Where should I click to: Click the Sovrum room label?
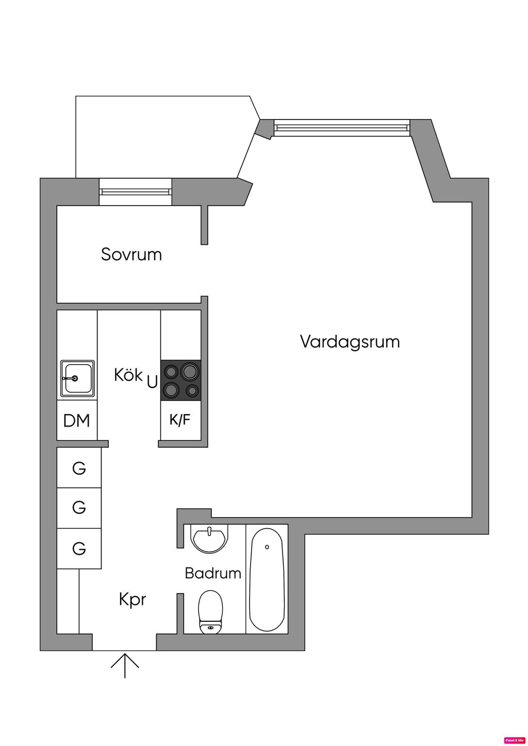coord(131,255)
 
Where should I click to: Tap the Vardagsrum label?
coord(350,342)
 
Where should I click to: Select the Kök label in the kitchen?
coord(128,375)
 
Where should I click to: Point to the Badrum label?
coord(213,573)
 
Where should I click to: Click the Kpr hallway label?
coord(133,600)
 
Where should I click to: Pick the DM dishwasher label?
coord(77,420)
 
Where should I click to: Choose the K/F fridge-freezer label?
coord(180,419)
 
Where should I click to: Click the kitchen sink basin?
coord(77,379)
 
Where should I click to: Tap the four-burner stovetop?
coord(180,380)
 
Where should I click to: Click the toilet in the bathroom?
coord(210,613)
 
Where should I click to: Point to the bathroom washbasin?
coord(210,538)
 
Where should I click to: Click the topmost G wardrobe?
coord(79,468)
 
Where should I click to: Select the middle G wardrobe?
coord(79,508)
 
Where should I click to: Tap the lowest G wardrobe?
coord(79,549)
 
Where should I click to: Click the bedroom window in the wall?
coord(136,192)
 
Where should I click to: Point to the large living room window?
coord(342,128)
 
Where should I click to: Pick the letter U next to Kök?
coord(152,382)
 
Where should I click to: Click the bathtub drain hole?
coord(267,547)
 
